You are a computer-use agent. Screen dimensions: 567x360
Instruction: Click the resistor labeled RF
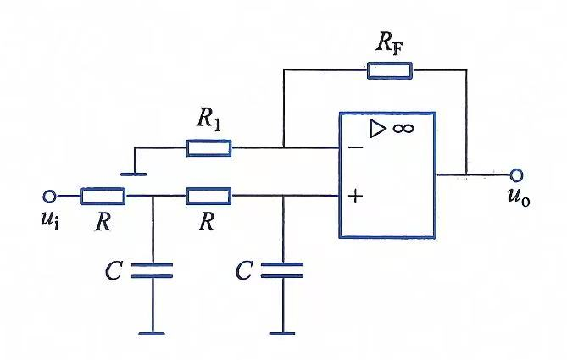[390, 70]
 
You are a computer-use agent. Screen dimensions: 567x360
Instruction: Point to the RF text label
[389, 43]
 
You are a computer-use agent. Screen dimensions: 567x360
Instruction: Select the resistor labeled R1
[208, 148]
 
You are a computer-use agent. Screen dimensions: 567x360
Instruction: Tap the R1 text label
[208, 119]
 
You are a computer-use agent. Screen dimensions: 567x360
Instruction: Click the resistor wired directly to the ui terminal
[103, 196]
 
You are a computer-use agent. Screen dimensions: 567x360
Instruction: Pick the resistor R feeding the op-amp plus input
[208, 196]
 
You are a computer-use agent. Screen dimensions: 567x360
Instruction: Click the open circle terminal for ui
[49, 197]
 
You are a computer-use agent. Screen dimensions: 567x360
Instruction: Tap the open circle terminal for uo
[516, 175]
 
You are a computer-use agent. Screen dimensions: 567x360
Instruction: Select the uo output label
[519, 197]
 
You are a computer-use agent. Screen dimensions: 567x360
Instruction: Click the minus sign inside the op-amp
[355, 147]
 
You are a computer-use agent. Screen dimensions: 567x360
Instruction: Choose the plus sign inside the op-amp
[356, 197]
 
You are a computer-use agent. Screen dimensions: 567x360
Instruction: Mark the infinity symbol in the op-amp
[403, 128]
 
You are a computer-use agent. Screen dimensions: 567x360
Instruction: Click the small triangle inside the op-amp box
[378, 129]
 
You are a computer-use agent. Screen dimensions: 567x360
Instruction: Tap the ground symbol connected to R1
[134, 174]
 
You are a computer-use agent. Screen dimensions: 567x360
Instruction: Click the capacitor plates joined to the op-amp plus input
[282, 270]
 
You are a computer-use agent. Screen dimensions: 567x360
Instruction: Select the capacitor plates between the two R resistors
[152, 270]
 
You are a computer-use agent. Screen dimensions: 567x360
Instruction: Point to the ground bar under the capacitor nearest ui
[152, 334]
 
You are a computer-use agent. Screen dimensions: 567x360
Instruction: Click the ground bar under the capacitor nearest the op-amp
[282, 334]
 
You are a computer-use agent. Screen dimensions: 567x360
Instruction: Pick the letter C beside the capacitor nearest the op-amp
[244, 270]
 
